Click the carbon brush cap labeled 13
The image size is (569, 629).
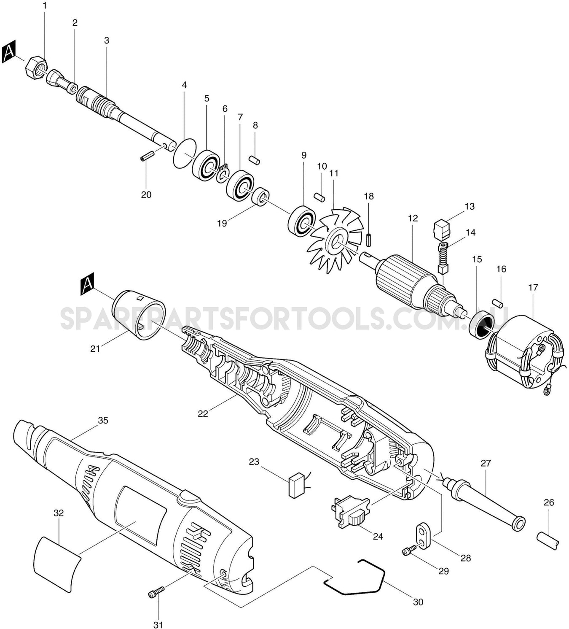[x=442, y=229]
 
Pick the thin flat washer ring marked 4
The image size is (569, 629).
[x=185, y=153]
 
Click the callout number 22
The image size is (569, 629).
[x=203, y=414]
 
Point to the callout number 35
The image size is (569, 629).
[x=103, y=421]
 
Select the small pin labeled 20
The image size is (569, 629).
[x=145, y=157]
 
